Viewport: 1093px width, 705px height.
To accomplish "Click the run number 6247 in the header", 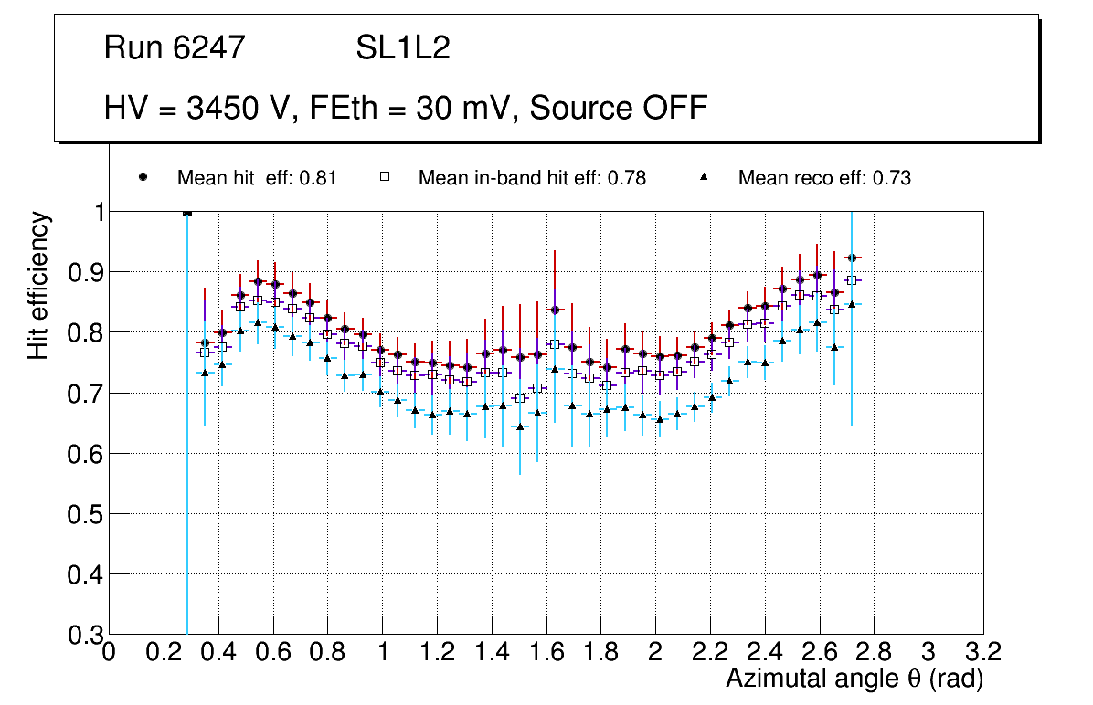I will [x=211, y=48].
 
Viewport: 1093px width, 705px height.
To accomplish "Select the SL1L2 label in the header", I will [x=403, y=48].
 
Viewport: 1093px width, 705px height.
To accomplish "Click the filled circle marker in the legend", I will [x=143, y=178].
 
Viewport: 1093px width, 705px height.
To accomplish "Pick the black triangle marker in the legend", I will [x=706, y=178].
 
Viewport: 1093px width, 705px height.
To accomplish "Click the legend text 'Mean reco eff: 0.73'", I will [x=824, y=178].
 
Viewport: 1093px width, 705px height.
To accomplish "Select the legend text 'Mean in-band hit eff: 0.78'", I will [x=532, y=178].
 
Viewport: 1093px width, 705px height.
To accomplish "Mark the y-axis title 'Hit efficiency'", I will [x=38, y=285].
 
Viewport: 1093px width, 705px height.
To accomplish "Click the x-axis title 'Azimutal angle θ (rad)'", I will [x=854, y=679].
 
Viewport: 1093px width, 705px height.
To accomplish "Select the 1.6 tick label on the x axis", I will [x=546, y=652].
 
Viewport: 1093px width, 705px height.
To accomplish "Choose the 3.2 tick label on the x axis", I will [x=982, y=652].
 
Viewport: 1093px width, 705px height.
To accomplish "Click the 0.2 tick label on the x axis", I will [x=164, y=652].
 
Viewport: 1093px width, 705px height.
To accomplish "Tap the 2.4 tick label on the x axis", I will [x=764, y=652].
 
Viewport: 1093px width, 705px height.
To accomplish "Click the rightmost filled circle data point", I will [x=852, y=258].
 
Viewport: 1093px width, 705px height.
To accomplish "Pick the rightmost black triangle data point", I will [x=852, y=304].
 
